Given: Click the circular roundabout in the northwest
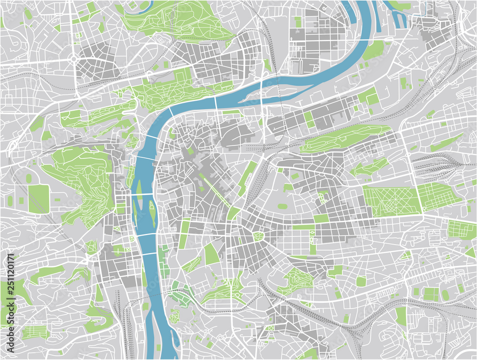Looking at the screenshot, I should [73, 60].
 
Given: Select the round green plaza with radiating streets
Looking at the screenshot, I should [259, 236].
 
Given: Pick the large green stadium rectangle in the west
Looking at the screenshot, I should [39, 199].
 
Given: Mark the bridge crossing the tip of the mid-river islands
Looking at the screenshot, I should [146, 194].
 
